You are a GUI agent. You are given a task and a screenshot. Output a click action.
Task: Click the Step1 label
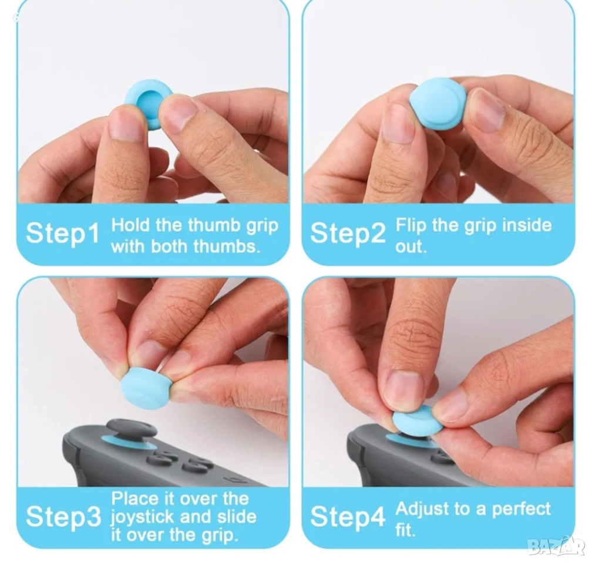point(62,233)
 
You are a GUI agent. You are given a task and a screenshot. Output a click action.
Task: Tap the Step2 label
point(348,233)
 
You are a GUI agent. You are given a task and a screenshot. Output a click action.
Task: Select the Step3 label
point(63,516)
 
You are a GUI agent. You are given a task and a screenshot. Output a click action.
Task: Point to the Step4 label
point(348,516)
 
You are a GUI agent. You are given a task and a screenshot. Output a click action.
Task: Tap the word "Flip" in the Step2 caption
point(411,225)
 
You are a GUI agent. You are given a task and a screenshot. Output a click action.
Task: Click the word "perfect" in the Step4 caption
point(521,510)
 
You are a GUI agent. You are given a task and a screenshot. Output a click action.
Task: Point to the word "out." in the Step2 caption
point(411,246)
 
